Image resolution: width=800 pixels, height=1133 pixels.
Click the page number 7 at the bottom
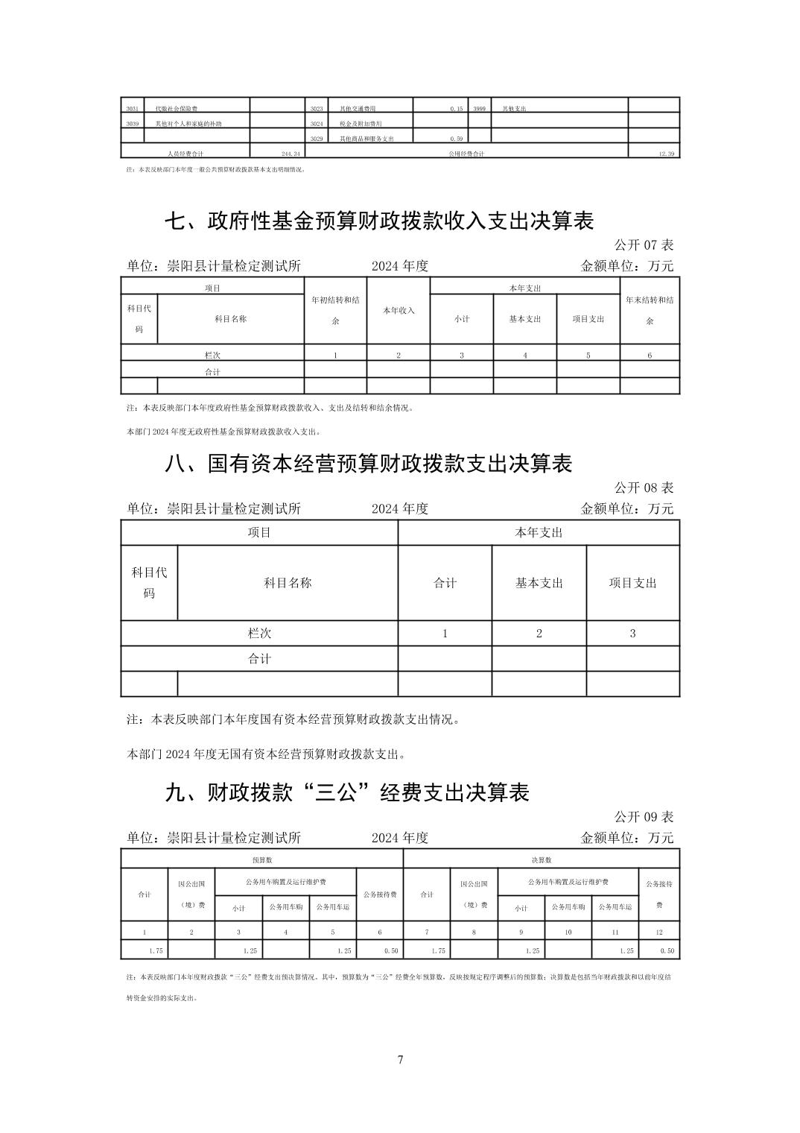tap(400, 1059)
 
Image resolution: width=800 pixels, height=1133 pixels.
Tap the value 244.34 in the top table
tap(290, 154)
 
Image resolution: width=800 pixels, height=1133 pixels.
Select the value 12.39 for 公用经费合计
tap(666, 154)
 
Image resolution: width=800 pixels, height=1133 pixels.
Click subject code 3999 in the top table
tap(479, 108)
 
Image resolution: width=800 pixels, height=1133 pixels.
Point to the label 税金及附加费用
tap(360, 124)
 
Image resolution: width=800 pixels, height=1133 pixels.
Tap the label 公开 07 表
tap(644, 244)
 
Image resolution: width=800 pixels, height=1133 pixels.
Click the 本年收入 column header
tap(399, 310)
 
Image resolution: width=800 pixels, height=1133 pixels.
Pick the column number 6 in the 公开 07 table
tap(650, 355)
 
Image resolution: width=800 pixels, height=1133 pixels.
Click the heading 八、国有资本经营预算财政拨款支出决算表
tap(368, 464)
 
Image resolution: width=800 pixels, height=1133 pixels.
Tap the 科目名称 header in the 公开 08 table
tap(288, 583)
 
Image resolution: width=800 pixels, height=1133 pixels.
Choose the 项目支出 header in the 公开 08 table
tap(632, 583)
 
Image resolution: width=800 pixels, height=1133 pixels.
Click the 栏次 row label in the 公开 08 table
tap(259, 633)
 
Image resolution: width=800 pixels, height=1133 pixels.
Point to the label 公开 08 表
tap(644, 487)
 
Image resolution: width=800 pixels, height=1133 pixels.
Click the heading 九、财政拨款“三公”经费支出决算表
tap(346, 792)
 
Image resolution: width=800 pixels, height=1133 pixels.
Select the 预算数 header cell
tap(261, 859)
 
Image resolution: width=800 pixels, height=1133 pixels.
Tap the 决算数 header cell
tap(541, 859)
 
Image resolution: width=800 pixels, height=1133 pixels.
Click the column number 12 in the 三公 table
tap(658, 932)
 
